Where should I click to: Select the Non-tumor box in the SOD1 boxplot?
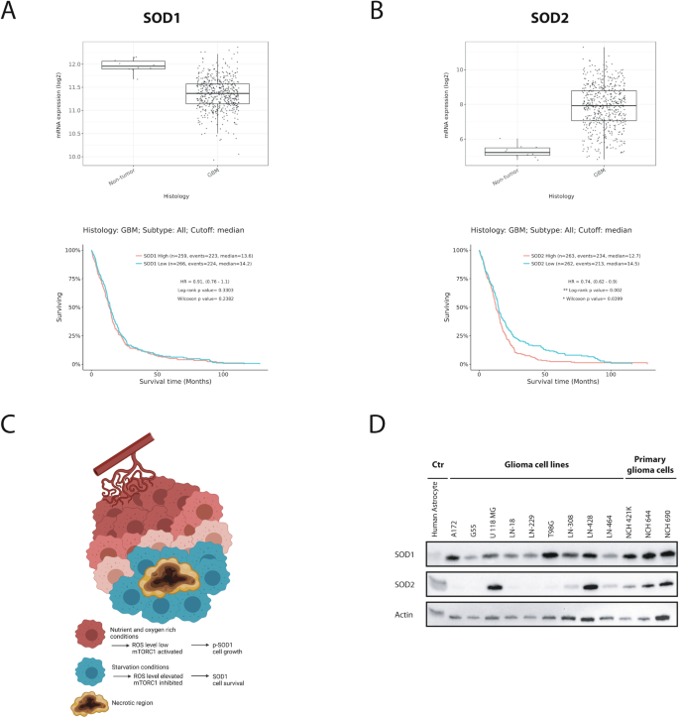133,65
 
